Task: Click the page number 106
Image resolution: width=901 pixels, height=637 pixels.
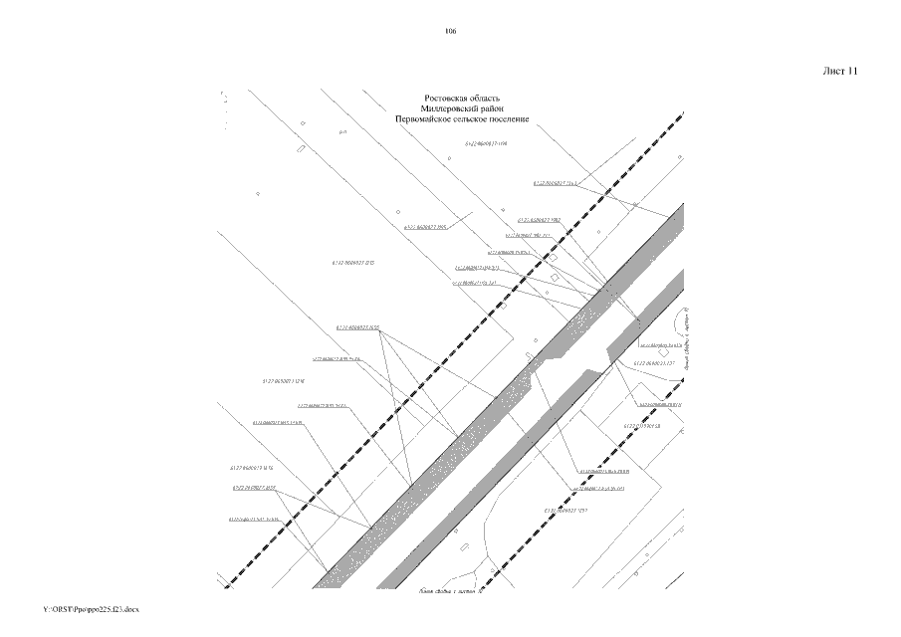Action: [x=450, y=33]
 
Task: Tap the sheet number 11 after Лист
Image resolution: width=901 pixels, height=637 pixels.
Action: [x=852, y=72]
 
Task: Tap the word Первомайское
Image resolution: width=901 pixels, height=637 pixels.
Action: [x=423, y=119]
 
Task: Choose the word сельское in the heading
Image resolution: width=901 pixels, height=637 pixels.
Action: [x=475, y=119]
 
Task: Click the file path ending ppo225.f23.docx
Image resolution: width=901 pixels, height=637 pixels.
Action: [x=92, y=608]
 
